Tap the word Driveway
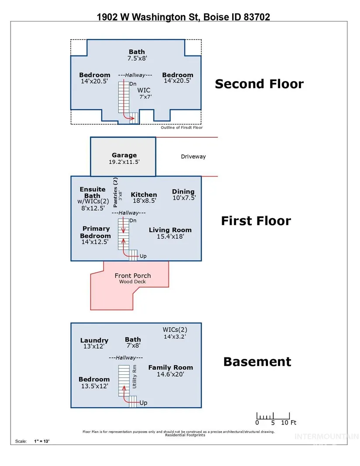click(x=193, y=157)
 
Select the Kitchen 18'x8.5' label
click(x=144, y=198)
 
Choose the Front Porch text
click(x=133, y=276)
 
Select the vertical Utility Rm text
click(x=134, y=377)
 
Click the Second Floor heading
click(x=259, y=84)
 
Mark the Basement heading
click(x=257, y=362)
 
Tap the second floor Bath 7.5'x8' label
click(x=137, y=55)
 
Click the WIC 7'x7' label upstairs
click(x=144, y=93)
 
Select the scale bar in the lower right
click(x=273, y=416)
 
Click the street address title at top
click(x=183, y=17)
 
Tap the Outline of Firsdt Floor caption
click(x=182, y=127)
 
